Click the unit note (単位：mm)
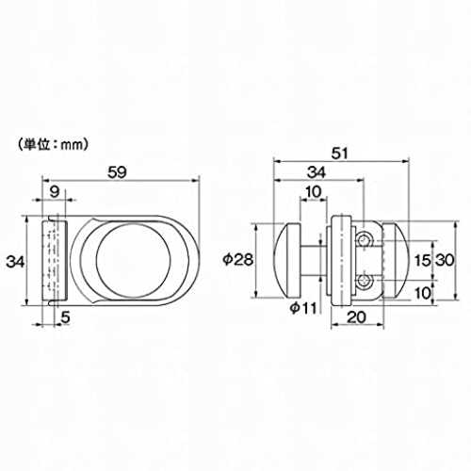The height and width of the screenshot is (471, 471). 53,145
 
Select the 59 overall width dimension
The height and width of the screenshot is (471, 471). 118,172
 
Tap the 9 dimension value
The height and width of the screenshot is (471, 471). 55,191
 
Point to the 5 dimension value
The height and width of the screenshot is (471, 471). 65,317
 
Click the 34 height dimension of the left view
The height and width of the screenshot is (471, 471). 15,261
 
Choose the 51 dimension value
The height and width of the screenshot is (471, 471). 340,154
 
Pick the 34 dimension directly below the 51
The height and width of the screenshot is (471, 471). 317,172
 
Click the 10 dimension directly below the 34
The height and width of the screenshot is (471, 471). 314,191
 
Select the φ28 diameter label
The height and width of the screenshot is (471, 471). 238,260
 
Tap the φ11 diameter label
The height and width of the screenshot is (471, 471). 303,308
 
